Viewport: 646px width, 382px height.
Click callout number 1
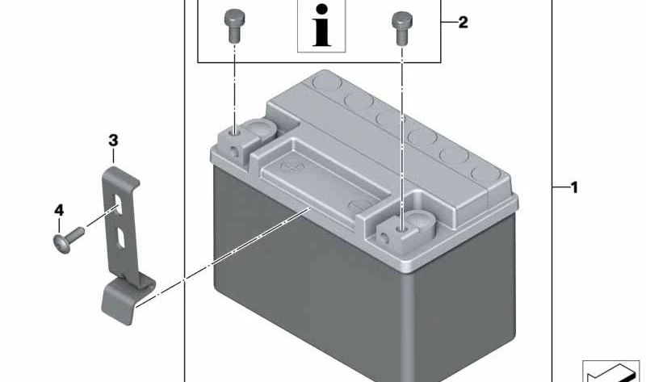[x=574, y=188]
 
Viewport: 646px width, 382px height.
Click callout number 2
[x=463, y=23]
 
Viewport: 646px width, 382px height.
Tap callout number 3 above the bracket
[x=113, y=141]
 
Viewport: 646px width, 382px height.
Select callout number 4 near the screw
[x=59, y=210]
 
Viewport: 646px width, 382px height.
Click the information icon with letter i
[x=321, y=26]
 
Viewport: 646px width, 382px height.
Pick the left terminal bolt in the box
[x=234, y=26]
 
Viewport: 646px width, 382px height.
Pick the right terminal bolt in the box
[x=402, y=28]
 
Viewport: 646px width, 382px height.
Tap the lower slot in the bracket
[x=120, y=238]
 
